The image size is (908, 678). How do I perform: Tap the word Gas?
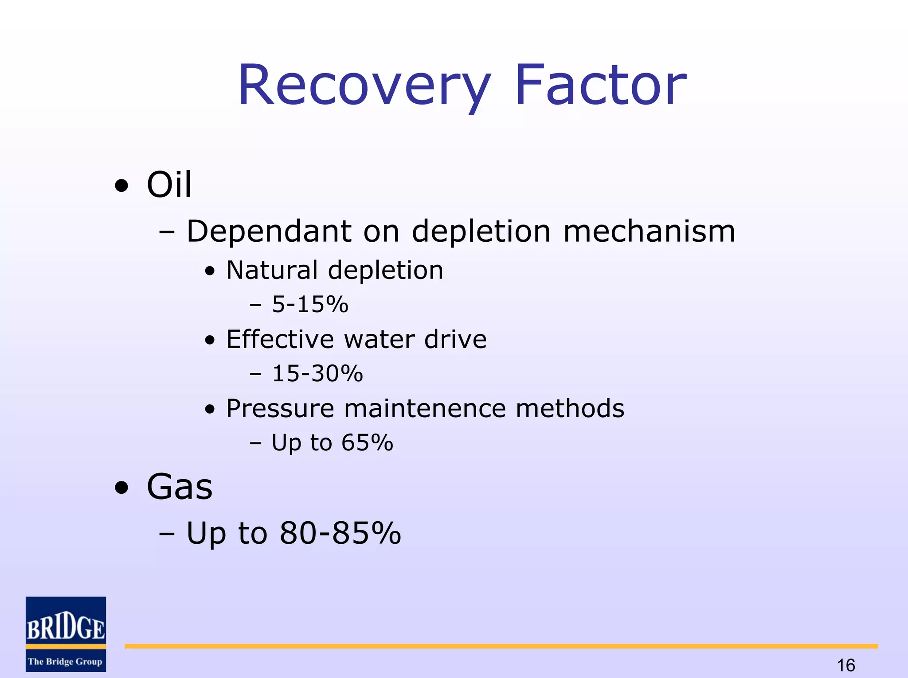tap(180, 487)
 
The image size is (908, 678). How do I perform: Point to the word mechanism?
tap(649, 231)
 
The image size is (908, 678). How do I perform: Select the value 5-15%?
tap(310, 305)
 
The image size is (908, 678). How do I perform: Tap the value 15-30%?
tap(317, 373)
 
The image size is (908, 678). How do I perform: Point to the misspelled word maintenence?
tap(425, 408)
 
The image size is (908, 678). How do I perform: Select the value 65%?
tap(367, 442)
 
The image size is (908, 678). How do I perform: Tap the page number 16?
tap(846, 665)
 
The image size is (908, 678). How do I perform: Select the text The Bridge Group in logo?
tap(65, 662)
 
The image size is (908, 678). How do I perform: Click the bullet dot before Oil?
tap(121, 186)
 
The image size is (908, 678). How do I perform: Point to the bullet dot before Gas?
tap(121, 488)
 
